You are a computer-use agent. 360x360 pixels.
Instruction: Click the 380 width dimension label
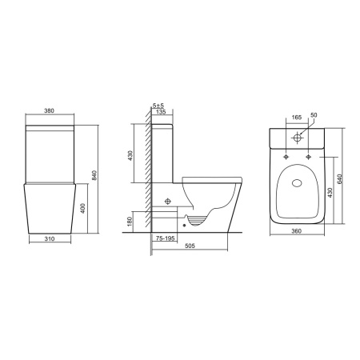50,110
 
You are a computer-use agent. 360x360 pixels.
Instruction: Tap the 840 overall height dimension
94,175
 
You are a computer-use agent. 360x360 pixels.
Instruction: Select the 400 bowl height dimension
83,208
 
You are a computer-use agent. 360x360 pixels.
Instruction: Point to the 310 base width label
50,239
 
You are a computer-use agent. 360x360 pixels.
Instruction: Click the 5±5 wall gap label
158,106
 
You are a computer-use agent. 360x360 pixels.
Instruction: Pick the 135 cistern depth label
161,112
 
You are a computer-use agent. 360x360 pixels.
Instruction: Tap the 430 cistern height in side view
130,156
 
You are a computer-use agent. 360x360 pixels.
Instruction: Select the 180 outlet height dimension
130,222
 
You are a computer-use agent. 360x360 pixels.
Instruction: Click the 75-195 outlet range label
165,238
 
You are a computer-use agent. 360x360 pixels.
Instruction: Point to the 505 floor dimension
190,246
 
